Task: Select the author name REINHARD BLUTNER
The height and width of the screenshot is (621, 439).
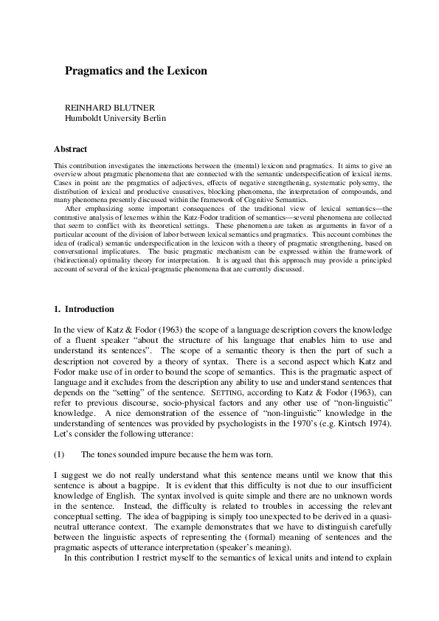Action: click(x=109, y=108)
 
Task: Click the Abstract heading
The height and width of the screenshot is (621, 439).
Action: click(x=71, y=149)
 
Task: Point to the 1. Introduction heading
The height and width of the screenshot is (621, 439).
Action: click(x=84, y=308)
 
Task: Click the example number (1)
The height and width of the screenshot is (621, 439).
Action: click(x=61, y=454)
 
